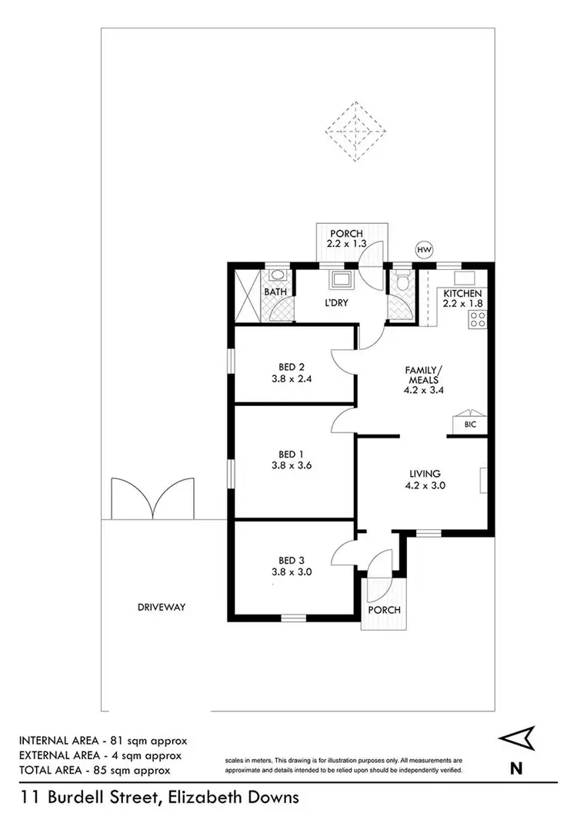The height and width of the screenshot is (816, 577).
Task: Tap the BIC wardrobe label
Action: pos(469,425)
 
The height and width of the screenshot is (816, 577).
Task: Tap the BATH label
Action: pos(275,292)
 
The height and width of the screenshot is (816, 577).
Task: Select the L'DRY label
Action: pos(336,303)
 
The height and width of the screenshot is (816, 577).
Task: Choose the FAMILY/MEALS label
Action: pos(421,375)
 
